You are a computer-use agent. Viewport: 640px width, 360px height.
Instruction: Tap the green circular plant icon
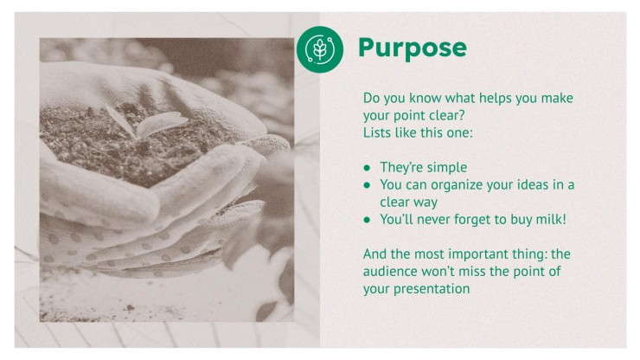coord(320,49)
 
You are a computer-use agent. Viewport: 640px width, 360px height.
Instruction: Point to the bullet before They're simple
coord(367,168)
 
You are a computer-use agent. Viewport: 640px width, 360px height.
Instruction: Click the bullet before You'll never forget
coord(367,220)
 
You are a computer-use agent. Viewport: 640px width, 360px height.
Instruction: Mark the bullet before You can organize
coord(367,185)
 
